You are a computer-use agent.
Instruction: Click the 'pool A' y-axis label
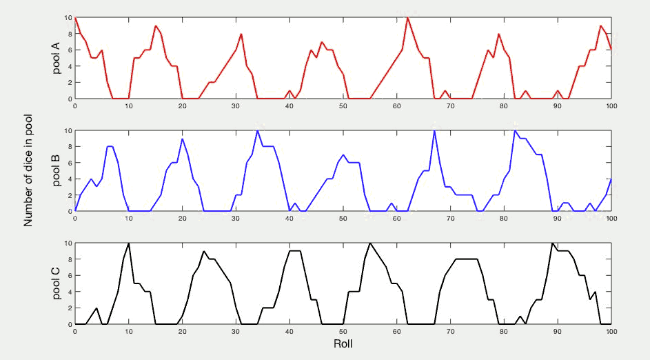pos(57,58)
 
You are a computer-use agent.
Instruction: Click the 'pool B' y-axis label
pos(57,170)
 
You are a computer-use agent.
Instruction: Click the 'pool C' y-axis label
pos(57,283)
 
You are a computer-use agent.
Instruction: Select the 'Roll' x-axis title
pos(343,343)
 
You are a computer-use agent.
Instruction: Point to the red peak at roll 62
pos(407,17)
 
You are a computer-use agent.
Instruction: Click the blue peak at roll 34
pos(257,130)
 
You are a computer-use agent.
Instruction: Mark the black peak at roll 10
pos(129,243)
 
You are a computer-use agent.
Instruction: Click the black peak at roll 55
pos(370,243)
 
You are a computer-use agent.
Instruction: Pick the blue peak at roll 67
pos(434,130)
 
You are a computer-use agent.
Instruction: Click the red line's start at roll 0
pos(75,17)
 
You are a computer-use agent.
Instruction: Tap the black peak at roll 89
pos(552,243)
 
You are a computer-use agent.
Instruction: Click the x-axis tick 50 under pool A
pos(343,106)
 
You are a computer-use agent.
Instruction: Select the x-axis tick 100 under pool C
pos(611,331)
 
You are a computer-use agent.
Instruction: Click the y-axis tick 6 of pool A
pos(69,50)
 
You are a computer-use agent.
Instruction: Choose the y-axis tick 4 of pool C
pos(69,292)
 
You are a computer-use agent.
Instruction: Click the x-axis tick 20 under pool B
pos(183,219)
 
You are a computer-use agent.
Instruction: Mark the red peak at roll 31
pos(241,34)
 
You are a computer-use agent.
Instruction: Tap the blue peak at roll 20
pos(183,139)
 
